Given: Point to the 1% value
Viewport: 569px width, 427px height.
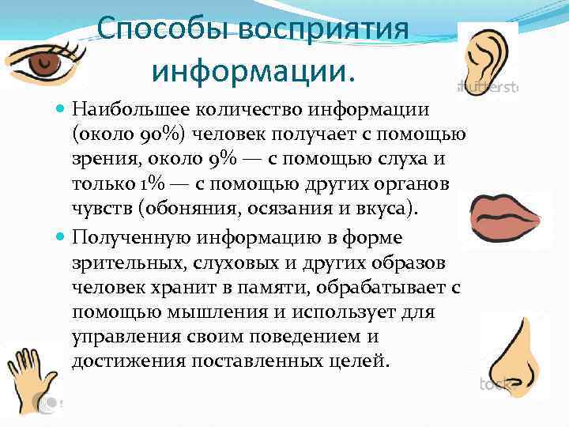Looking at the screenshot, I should point(154,183).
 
